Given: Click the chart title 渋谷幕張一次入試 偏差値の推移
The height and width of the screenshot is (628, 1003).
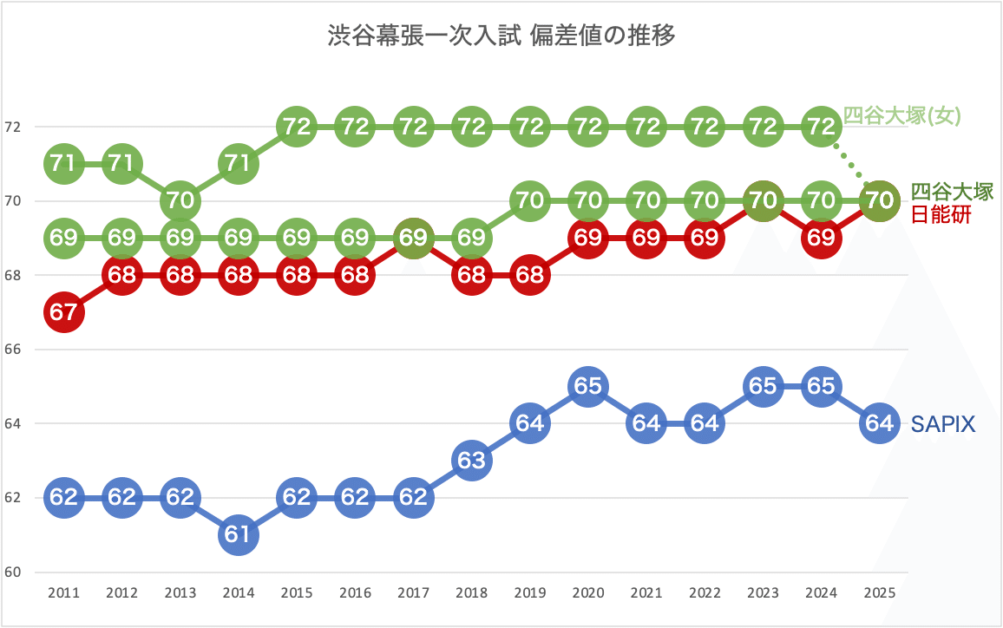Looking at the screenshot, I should tap(501, 36).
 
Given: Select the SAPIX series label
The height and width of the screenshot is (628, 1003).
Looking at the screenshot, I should tap(943, 424).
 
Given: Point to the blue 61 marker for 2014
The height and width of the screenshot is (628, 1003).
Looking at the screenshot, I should tap(239, 535).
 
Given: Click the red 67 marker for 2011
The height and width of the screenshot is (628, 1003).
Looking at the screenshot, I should tap(63, 312).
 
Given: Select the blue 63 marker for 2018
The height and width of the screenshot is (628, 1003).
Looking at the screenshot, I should tap(471, 461).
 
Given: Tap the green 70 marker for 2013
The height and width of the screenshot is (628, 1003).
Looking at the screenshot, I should tap(180, 200).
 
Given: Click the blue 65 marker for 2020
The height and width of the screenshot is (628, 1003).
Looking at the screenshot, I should tap(588, 386).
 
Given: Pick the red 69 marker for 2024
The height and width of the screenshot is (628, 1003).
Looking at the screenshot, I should tap(821, 238).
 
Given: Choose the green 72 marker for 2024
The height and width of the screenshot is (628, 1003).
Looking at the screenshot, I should tap(821, 127).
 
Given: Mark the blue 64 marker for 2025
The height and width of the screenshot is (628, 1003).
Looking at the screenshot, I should tap(879, 423).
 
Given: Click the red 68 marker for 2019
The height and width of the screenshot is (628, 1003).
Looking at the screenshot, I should tap(529, 275).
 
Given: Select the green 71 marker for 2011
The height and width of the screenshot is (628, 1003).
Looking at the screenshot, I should tap(63, 163).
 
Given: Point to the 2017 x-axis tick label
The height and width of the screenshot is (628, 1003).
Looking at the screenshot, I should tap(413, 594).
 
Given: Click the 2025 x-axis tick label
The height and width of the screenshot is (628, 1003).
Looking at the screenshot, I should tap(879, 594).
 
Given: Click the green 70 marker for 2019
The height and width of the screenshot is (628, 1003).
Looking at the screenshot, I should tap(529, 200).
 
